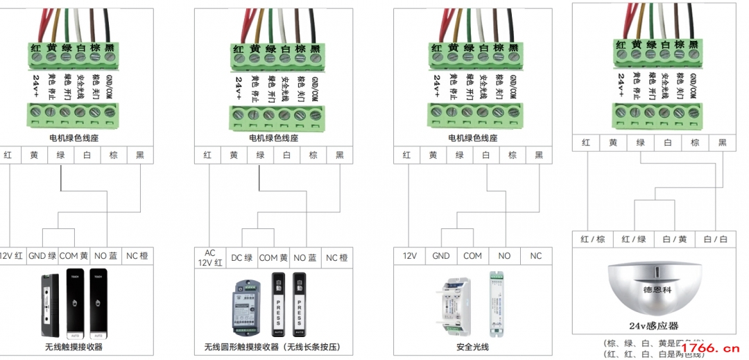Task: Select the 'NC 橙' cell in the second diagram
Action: pyautogui.click(x=337, y=258)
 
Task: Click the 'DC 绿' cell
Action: pyautogui.click(x=241, y=258)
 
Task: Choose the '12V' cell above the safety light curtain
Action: pyautogui.click(x=409, y=256)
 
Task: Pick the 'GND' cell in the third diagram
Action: pyautogui.click(x=441, y=256)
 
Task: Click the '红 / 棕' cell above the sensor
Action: pyautogui.click(x=594, y=239)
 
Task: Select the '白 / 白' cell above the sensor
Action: pyautogui.click(x=716, y=239)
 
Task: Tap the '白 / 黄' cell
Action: pyautogui.click(x=674, y=239)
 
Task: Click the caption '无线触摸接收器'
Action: pyautogui.click(x=74, y=347)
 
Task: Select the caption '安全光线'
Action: pyautogui.click(x=472, y=347)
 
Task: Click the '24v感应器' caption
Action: pyautogui.click(x=653, y=326)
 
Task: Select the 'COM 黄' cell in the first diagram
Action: pyautogui.click(x=74, y=256)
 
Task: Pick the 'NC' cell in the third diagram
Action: pyautogui.click(x=536, y=256)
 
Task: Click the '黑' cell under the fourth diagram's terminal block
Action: pyautogui.click(x=722, y=143)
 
